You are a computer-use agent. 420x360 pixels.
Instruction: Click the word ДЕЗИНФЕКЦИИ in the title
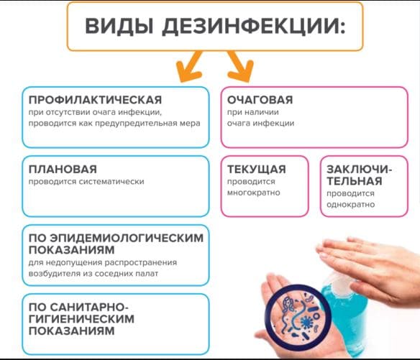(x=254, y=27)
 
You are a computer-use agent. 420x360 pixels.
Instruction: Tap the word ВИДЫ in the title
(x=119, y=26)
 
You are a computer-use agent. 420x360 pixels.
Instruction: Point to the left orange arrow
(x=189, y=67)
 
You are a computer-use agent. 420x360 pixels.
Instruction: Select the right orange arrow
(x=240, y=67)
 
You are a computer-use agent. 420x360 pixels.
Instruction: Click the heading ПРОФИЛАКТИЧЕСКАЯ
(x=95, y=100)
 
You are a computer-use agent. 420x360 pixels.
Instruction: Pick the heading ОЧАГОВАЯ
(x=260, y=100)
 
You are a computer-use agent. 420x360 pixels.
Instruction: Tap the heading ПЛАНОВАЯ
(x=63, y=169)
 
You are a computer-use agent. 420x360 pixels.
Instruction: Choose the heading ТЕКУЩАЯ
(x=256, y=169)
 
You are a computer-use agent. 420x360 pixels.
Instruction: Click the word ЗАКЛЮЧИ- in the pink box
(x=359, y=169)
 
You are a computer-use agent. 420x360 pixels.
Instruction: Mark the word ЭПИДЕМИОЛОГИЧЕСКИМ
(x=127, y=238)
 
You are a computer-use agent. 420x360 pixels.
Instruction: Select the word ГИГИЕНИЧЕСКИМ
(x=81, y=319)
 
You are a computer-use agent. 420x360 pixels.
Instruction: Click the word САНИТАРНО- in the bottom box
(x=89, y=307)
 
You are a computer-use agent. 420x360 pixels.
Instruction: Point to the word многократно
(x=253, y=193)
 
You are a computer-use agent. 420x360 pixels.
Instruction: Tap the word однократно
(x=350, y=205)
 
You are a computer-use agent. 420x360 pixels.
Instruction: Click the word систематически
(x=111, y=182)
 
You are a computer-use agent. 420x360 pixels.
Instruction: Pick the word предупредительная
(x=136, y=124)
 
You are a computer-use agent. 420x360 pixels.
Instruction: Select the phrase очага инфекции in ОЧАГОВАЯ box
(x=260, y=123)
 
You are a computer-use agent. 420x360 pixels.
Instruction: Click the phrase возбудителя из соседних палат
(x=93, y=274)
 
